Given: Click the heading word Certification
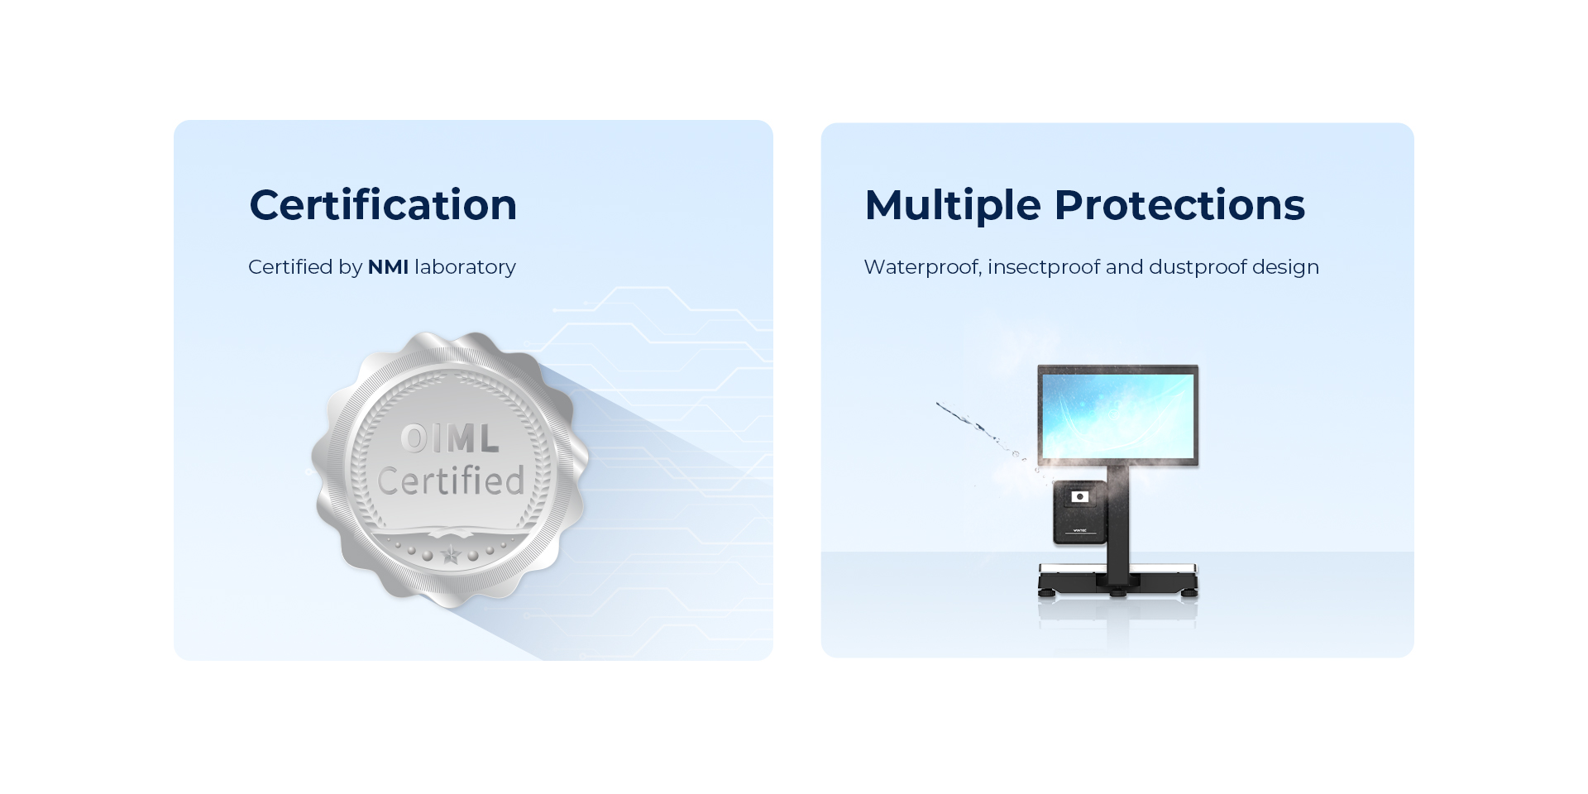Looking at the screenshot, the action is click(383, 204).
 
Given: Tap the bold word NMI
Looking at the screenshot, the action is click(388, 267).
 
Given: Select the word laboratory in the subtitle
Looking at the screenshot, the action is click(465, 268).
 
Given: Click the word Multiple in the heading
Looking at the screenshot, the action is click(953, 205).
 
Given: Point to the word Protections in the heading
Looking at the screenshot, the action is click(1179, 205).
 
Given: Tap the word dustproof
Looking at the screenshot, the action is click(1197, 268).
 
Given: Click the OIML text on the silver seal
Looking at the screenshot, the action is click(450, 438).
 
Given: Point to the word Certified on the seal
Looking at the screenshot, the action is click(451, 480).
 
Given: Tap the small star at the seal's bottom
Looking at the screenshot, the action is click(450, 555).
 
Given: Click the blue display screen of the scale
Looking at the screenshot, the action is click(1117, 415).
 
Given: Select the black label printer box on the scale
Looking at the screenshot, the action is click(1079, 512).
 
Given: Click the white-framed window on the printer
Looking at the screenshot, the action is click(1080, 496).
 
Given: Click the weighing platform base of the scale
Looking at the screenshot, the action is click(1117, 579).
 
